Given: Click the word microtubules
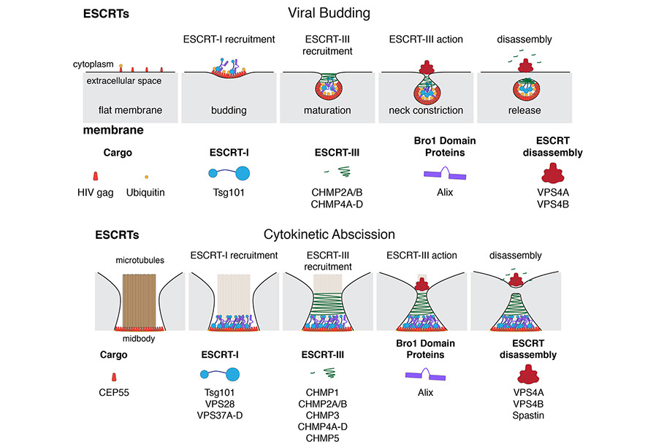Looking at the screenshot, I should (139, 260).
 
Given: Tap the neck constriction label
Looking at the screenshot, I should (427, 111).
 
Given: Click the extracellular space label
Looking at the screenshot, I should (124, 80).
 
